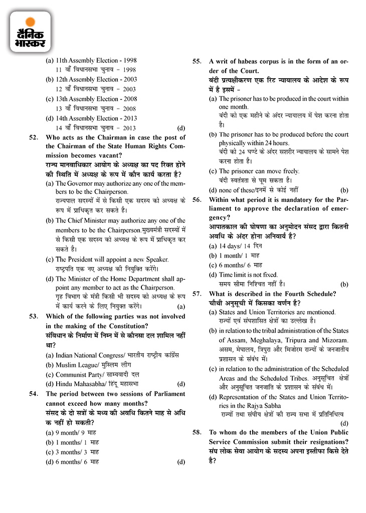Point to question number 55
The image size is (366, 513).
[x=197, y=62]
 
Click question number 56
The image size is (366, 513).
[x=197, y=200]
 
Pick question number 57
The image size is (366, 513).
[x=197, y=294]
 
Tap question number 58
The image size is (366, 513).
[x=197, y=432]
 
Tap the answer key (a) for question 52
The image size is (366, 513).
[x=181, y=306]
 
